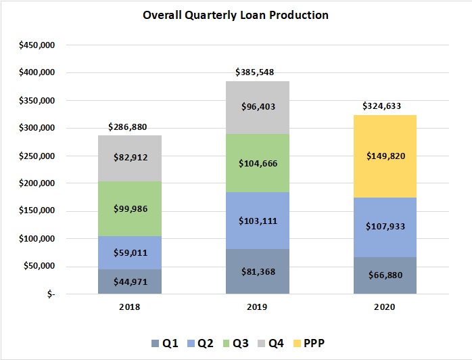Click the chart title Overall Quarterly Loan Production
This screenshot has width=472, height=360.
(x=235, y=15)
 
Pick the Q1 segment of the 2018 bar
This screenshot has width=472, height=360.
(x=130, y=282)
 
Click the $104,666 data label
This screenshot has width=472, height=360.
(x=257, y=163)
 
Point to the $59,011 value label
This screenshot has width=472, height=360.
(x=130, y=253)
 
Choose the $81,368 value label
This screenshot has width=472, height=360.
(x=257, y=272)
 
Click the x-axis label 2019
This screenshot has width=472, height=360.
(x=257, y=307)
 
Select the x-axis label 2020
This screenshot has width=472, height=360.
(x=385, y=307)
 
